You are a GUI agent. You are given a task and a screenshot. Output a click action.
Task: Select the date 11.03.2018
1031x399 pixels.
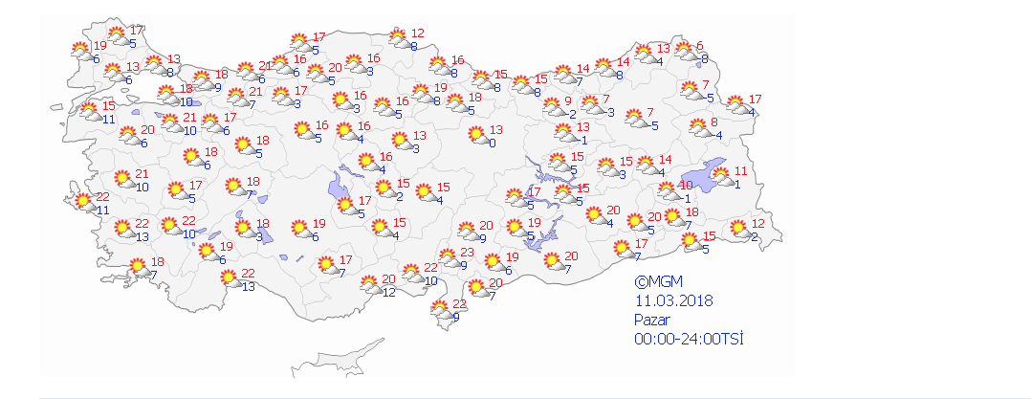pyautogui.click(x=673, y=301)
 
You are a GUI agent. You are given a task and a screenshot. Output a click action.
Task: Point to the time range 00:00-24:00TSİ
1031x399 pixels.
pyautogui.click(x=689, y=339)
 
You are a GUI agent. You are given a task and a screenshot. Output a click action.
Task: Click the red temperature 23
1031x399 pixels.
pyautogui.click(x=468, y=253)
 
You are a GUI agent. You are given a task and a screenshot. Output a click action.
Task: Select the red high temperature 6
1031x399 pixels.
pyautogui.click(x=700, y=46)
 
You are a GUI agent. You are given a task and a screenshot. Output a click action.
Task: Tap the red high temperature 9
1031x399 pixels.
pyautogui.click(x=568, y=101)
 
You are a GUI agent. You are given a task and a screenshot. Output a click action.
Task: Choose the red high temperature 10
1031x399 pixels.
pyautogui.click(x=686, y=186)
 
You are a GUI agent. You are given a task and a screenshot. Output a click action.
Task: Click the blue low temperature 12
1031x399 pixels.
pyautogui.click(x=388, y=292)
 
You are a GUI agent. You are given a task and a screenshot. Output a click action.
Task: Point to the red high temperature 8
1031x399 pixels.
pyautogui.click(x=714, y=122)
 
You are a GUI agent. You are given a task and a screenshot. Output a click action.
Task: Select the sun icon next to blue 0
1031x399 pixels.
pyautogui.click(x=475, y=136)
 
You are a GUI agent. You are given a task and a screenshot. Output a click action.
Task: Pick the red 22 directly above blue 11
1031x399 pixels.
pyautogui.click(x=102, y=197)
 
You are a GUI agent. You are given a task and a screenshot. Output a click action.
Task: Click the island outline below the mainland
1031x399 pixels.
pyautogui.click(x=330, y=366)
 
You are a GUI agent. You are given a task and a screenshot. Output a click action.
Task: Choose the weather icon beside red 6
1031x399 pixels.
pyautogui.click(x=682, y=52)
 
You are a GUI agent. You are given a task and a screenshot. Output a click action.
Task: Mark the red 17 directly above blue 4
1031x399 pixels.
pyautogui.click(x=755, y=100)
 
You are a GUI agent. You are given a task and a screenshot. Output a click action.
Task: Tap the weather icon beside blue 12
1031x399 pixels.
pyautogui.click(x=368, y=284)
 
